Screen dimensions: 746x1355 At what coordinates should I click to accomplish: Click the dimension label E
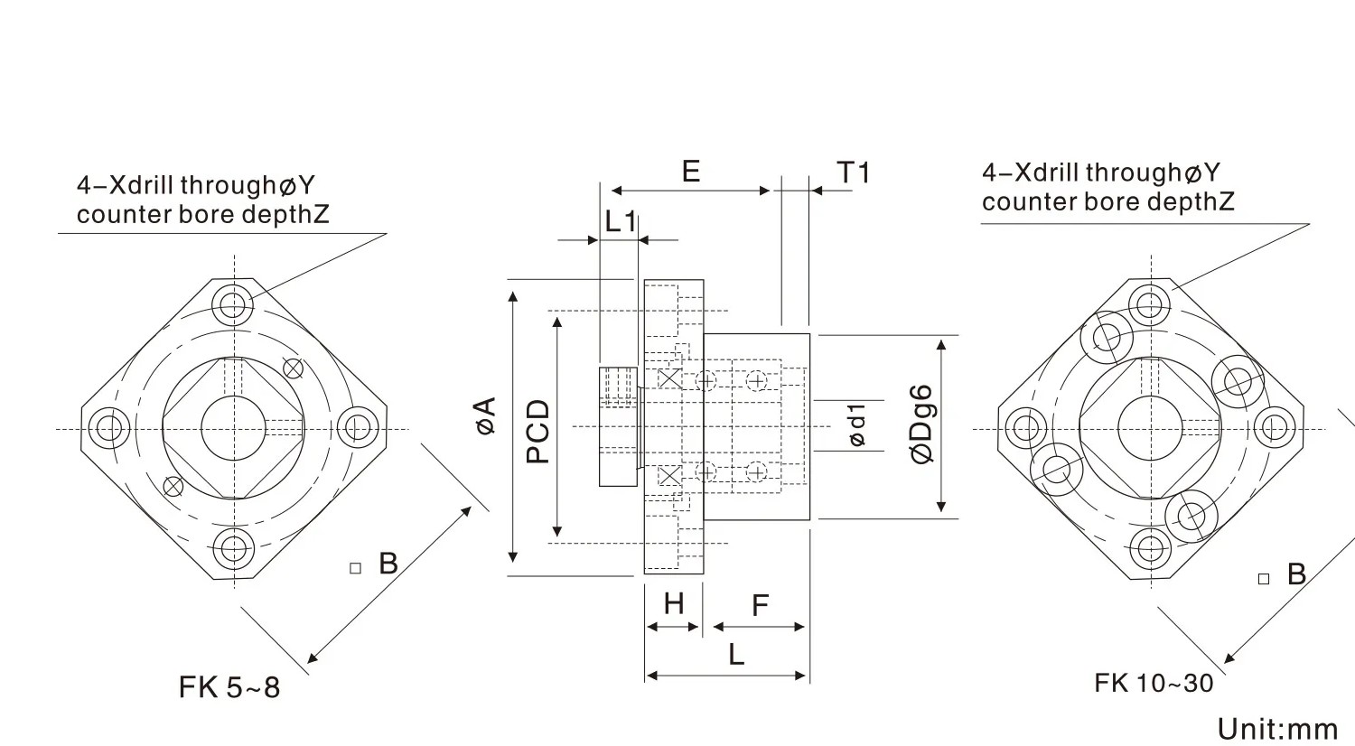click(691, 171)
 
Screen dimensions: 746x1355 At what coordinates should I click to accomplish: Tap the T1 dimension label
click(853, 172)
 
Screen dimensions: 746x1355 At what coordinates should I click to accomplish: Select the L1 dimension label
click(621, 221)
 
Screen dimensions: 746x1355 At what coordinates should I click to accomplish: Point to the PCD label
click(537, 433)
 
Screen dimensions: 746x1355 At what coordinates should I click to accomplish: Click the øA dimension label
click(487, 415)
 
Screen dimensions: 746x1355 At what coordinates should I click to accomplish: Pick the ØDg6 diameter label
click(921, 424)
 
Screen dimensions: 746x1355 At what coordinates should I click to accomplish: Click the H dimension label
click(674, 603)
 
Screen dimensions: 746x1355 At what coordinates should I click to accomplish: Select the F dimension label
click(760, 605)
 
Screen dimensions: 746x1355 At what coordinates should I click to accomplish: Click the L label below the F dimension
click(736, 654)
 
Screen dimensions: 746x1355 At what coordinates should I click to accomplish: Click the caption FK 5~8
click(229, 688)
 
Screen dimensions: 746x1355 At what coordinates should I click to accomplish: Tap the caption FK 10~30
click(1154, 683)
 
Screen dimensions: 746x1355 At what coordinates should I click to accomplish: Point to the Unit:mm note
click(1276, 729)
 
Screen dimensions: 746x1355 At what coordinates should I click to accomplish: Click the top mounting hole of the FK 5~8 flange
click(234, 303)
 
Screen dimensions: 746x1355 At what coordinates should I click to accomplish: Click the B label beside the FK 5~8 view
click(388, 564)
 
